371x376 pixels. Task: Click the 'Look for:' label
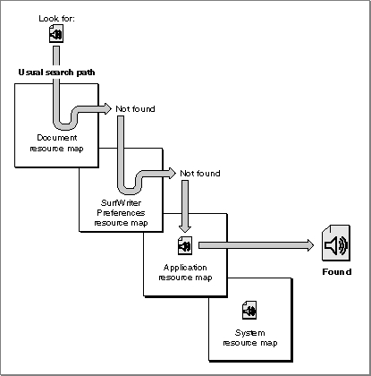pyautogui.click(x=56, y=19)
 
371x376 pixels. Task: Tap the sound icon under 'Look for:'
pyautogui.click(x=56, y=34)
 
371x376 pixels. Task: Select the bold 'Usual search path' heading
pyautogui.click(x=56, y=73)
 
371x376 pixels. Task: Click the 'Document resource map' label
pyautogui.click(x=56, y=143)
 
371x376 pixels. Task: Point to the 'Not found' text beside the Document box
pyautogui.click(x=135, y=109)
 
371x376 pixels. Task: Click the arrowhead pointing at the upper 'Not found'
pyautogui.click(x=107, y=108)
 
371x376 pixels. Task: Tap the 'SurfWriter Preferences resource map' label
pyautogui.click(x=121, y=213)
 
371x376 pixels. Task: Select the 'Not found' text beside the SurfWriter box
pyautogui.click(x=200, y=174)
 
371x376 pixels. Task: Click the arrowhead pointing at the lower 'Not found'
pyautogui.click(x=173, y=173)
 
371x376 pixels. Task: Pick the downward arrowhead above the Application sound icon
pyautogui.click(x=185, y=228)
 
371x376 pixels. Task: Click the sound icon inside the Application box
pyautogui.click(x=185, y=245)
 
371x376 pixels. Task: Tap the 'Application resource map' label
pyautogui.click(x=185, y=272)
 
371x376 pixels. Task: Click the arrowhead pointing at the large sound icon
pyautogui.click(x=310, y=245)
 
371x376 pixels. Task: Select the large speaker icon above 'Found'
pyautogui.click(x=336, y=243)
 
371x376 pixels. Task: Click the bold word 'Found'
pyautogui.click(x=337, y=272)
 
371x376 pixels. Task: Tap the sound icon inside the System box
pyautogui.click(x=249, y=310)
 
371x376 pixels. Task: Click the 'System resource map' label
pyautogui.click(x=250, y=338)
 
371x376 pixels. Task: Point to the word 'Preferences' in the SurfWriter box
pyautogui.click(x=121, y=213)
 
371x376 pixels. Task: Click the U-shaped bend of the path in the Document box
pyautogui.click(x=65, y=125)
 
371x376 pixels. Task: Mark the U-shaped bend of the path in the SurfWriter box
pyautogui.click(x=130, y=191)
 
